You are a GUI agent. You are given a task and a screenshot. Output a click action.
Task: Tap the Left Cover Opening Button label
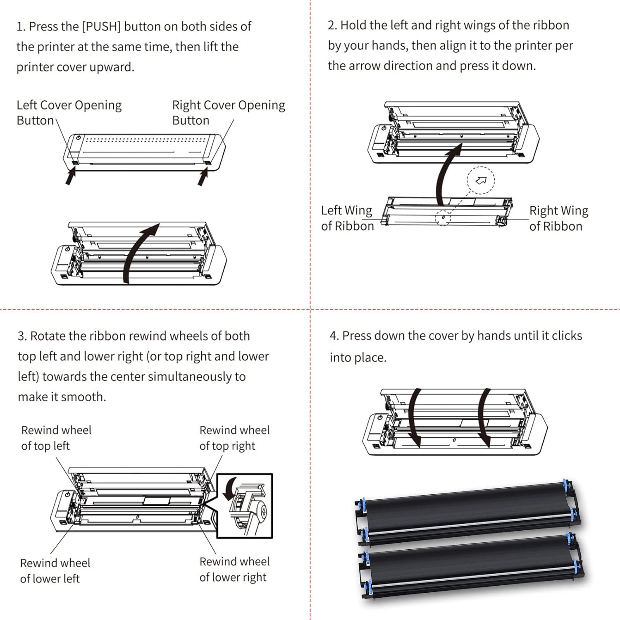pyautogui.click(x=69, y=112)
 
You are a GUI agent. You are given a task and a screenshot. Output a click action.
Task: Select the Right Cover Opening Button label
pyautogui.click(x=228, y=112)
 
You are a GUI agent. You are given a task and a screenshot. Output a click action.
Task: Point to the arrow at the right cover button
pyautogui.click(x=203, y=177)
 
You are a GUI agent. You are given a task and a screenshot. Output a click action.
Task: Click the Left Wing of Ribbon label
pyautogui.click(x=347, y=218)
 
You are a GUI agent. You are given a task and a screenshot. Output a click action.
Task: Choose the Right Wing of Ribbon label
pyautogui.click(x=558, y=218)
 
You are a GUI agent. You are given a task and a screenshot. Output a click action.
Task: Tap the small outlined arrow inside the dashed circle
pyautogui.click(x=481, y=180)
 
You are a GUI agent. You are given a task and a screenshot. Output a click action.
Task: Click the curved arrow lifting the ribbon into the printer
pyautogui.click(x=446, y=174)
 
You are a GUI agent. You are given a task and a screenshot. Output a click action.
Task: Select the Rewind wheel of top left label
pyautogui.click(x=56, y=438)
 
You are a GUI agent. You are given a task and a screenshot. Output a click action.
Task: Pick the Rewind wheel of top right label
pyautogui.click(x=234, y=438)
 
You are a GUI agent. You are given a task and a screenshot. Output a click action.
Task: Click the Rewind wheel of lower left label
pyautogui.click(x=55, y=570)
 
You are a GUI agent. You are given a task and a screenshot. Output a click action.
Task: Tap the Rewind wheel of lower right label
pyautogui.click(x=234, y=569)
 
